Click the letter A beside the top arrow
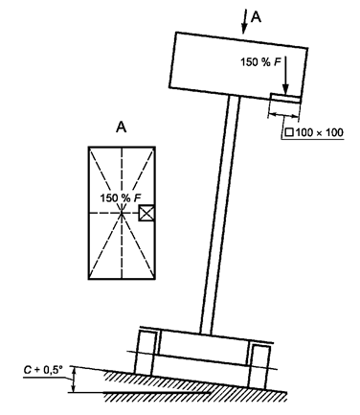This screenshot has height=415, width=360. tap(256, 16)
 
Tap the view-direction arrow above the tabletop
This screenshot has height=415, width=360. tap(245, 21)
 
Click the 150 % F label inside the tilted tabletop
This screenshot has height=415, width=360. tap(261, 61)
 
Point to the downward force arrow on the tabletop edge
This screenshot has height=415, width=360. tap(285, 75)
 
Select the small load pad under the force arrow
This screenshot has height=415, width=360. tap(285, 98)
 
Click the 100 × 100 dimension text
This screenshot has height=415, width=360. tap(319, 132)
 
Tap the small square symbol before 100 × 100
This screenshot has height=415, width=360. tap(289, 132)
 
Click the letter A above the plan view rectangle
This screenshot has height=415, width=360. tap(121, 127)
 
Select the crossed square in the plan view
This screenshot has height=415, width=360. tap(146, 213)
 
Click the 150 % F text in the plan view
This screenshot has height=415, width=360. tap(121, 198)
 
